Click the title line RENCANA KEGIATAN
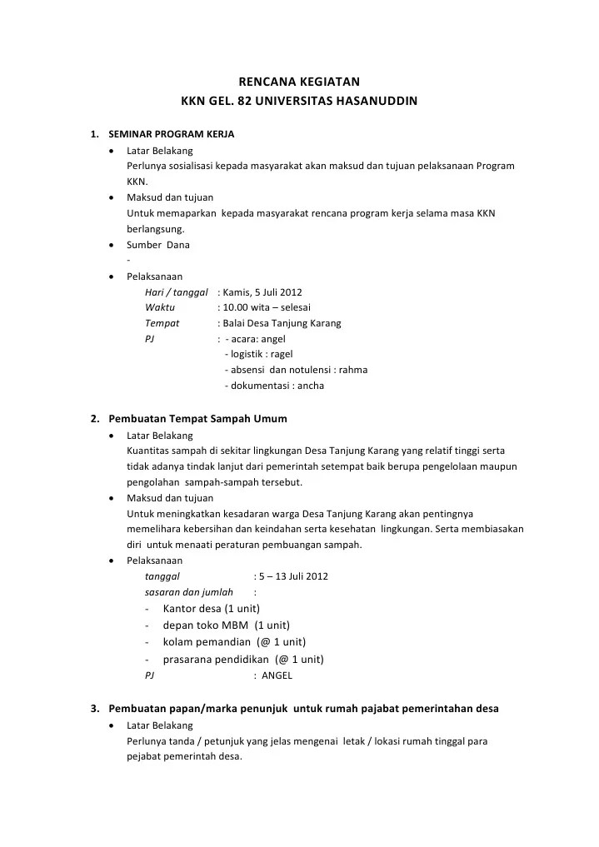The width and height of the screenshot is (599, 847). pyautogui.click(x=299, y=82)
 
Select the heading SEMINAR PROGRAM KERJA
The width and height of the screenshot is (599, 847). pyautogui.click(x=172, y=133)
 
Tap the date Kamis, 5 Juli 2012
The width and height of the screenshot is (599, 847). pyautogui.click(x=262, y=292)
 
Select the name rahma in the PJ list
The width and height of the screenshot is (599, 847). pyautogui.click(x=352, y=370)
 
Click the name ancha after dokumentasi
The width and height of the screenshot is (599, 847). pyautogui.click(x=311, y=386)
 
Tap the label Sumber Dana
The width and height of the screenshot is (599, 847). pyautogui.click(x=158, y=245)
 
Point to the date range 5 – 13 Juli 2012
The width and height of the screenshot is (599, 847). pyautogui.click(x=293, y=576)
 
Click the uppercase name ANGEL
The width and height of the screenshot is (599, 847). pyautogui.click(x=277, y=675)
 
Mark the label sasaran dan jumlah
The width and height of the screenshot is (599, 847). pyautogui.click(x=189, y=593)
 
